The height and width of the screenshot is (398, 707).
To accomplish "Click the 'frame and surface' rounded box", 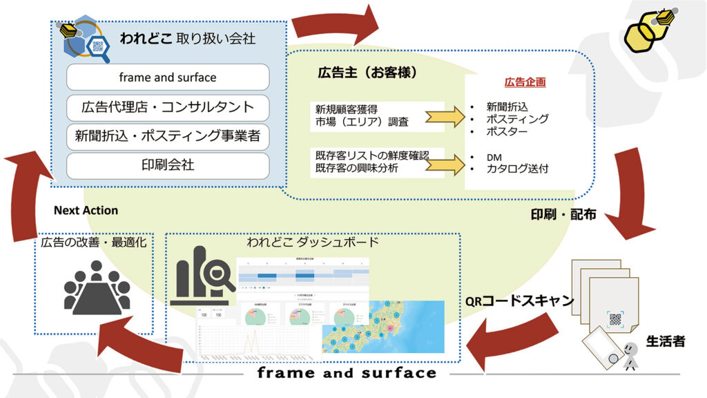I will pyautogui.click(x=167, y=77).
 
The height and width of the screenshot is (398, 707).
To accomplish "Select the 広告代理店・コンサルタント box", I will pyautogui.click(x=167, y=107).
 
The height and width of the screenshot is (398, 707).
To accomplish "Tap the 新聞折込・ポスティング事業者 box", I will pyautogui.click(x=167, y=137).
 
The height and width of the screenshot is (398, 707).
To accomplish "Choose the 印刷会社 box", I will pyautogui.click(x=167, y=166).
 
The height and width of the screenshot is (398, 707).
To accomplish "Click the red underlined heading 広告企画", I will pyautogui.click(x=525, y=82).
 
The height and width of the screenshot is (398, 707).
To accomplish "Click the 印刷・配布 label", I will pyautogui.click(x=563, y=214).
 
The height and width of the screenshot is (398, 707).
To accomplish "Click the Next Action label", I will pyautogui.click(x=86, y=210).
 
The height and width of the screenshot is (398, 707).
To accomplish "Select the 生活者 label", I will pyautogui.click(x=665, y=340).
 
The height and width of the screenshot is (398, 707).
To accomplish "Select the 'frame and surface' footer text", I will pyautogui.click(x=347, y=373).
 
